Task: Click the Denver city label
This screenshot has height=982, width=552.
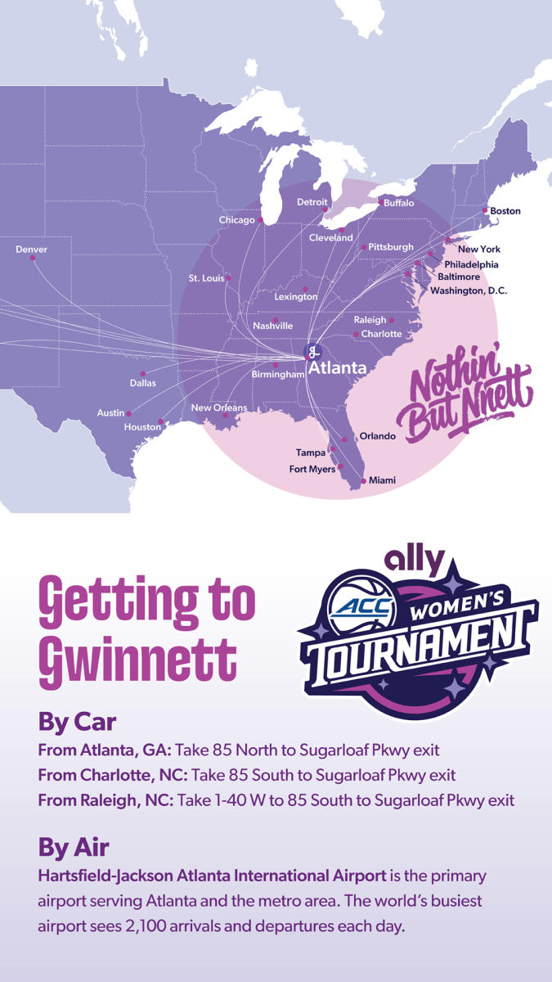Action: pyautogui.click(x=31, y=250)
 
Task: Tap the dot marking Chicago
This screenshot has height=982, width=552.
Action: pyautogui.click(x=261, y=220)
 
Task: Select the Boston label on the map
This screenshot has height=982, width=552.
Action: pyautogui.click(x=505, y=211)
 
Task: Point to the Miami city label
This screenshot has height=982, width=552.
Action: pyautogui.click(x=382, y=480)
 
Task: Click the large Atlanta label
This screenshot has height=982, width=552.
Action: pyautogui.click(x=337, y=368)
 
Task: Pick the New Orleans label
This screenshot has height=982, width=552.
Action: pyautogui.click(x=218, y=408)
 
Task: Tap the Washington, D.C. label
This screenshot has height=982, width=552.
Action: pyautogui.click(x=469, y=291)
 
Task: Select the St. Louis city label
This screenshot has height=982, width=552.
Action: pyautogui.click(x=206, y=278)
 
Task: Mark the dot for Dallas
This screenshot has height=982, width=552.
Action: pyautogui.click(x=142, y=373)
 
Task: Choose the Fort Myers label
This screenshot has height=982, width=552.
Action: pyautogui.click(x=312, y=469)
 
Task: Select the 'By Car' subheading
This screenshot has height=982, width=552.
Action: pyautogui.click(x=77, y=723)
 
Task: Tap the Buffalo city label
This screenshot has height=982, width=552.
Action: pyautogui.click(x=399, y=203)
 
